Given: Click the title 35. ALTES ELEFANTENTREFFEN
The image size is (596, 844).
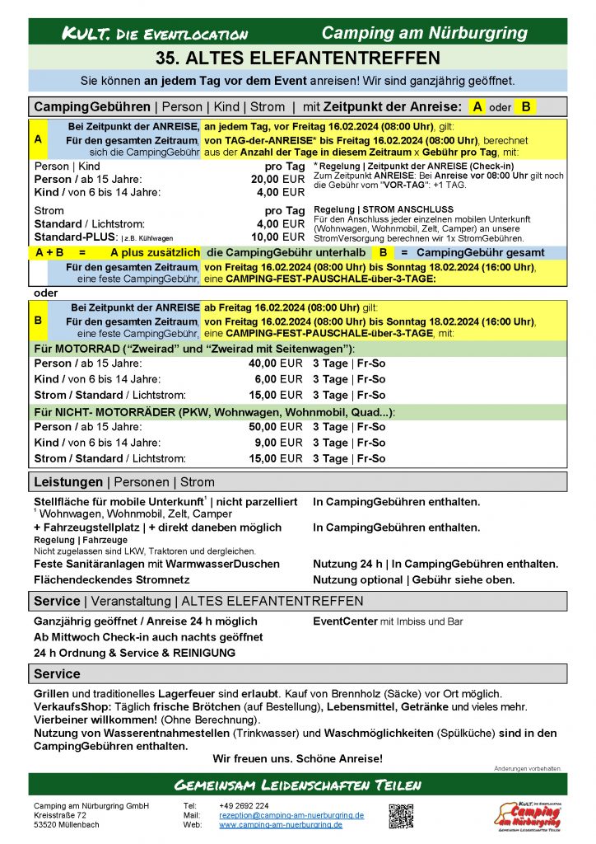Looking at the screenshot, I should coord(297,59).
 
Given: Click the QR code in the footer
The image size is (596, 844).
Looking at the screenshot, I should coord(401,814).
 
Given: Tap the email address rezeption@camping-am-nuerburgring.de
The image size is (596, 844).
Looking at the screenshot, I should coord(291,814).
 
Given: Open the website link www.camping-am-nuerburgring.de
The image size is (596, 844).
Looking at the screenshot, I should coord(281,824).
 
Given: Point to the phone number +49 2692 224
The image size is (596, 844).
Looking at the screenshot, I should coord(244,805).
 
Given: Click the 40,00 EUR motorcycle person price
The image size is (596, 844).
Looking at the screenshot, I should coord(275,363).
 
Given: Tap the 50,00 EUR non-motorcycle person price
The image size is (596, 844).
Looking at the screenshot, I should coord(275,427).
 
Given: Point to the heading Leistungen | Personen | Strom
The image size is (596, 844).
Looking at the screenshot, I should coord(124,482).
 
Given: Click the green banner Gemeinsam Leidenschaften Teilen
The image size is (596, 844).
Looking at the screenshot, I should coord(297,784).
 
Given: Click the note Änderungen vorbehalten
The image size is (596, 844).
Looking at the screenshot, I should coord(527,768).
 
